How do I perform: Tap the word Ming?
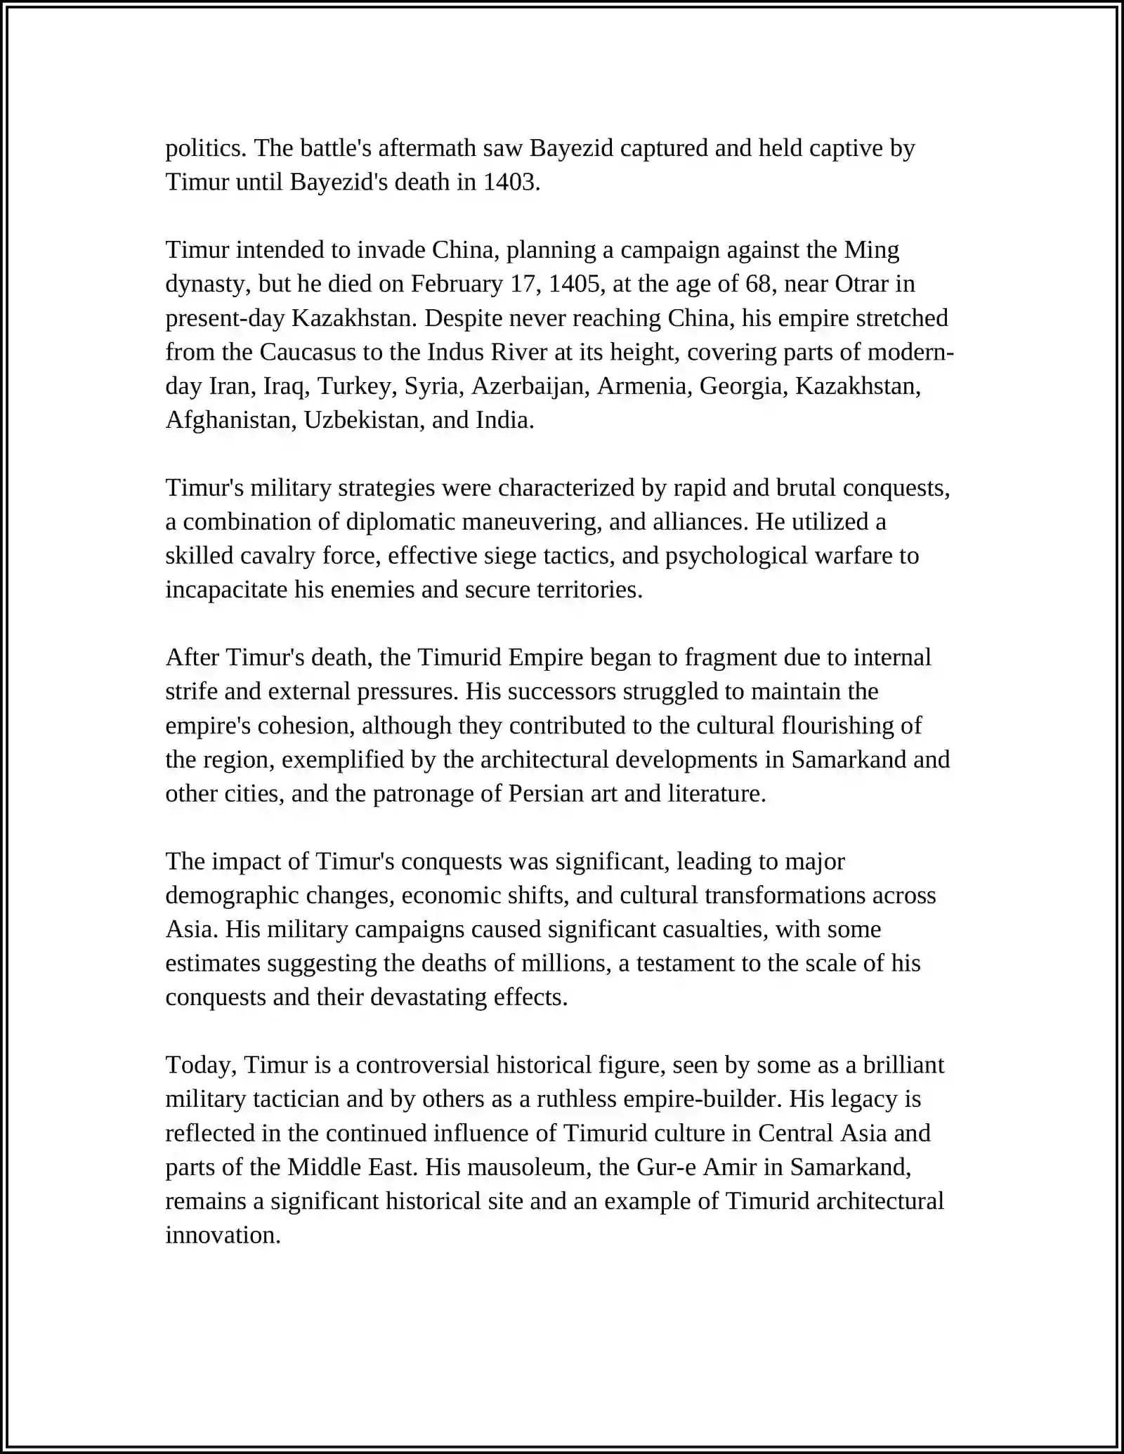click(x=871, y=250)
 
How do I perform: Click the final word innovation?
click(x=222, y=1235)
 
